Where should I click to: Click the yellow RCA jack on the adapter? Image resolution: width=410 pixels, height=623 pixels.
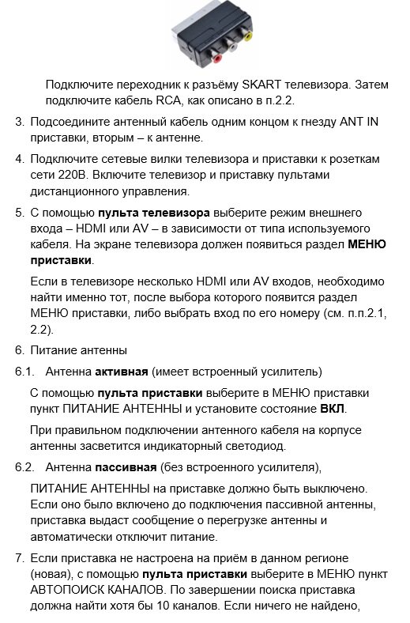[248, 36]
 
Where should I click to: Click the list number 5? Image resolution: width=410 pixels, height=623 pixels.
[20, 213]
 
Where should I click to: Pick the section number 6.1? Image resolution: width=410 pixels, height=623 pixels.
[24, 371]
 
